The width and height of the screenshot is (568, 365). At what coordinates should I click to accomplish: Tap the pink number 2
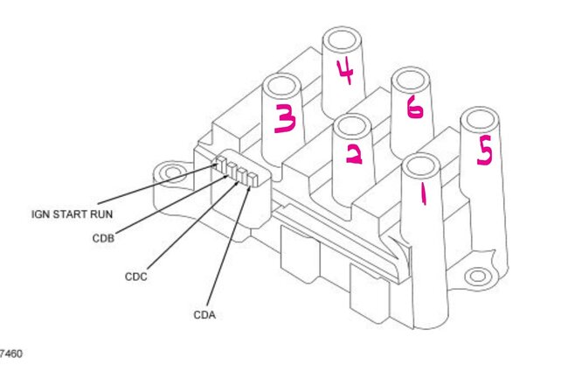(354, 154)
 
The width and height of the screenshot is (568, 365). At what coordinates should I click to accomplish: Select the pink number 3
(286, 120)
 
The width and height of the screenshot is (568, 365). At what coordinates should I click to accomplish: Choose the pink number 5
(483, 151)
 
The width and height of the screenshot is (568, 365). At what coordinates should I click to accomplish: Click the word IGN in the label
(40, 213)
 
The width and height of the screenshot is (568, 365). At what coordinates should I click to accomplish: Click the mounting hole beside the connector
(172, 172)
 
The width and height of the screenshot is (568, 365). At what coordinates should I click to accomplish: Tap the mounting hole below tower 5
(476, 277)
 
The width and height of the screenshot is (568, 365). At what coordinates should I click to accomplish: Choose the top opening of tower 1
(420, 165)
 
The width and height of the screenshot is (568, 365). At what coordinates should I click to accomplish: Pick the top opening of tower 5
(479, 119)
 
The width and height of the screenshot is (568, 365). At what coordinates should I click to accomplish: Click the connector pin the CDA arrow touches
(253, 179)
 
